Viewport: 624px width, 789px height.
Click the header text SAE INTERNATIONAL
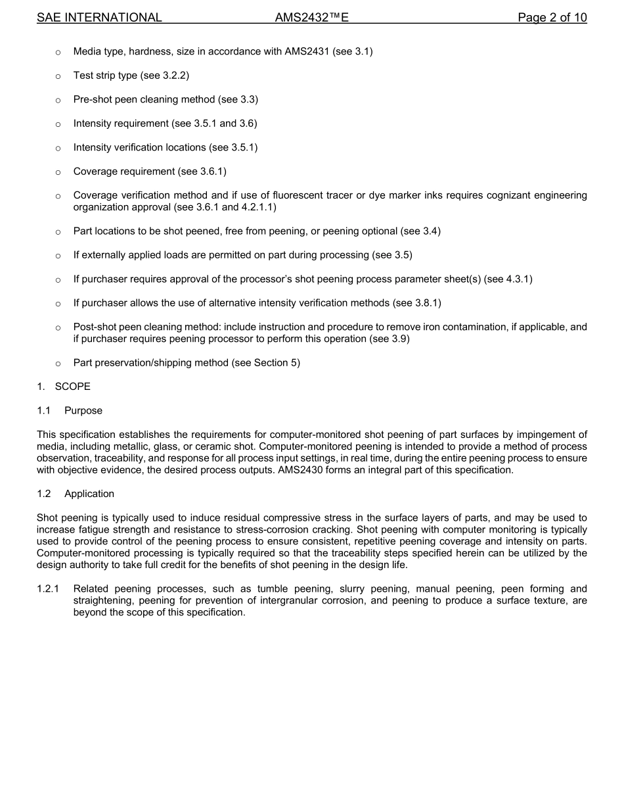pos(99,18)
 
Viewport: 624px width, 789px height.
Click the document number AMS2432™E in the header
pos(311,18)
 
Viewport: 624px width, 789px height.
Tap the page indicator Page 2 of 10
pos(552,18)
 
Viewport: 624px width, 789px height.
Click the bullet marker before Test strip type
pos(58,76)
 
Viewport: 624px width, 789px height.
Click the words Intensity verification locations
pos(139,147)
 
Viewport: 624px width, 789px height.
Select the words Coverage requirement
pos(124,172)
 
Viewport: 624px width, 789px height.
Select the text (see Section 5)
pos(266,363)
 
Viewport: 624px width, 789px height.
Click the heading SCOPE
pos(73,387)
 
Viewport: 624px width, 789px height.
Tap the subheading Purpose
pos(83,411)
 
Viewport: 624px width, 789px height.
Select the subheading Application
pos(89,494)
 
